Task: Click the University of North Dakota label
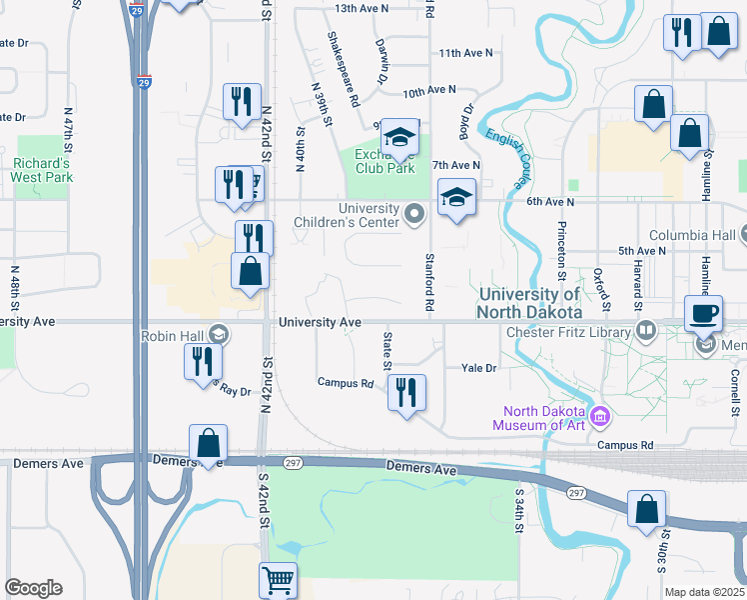tap(529, 302)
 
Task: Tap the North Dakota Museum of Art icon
tap(601, 415)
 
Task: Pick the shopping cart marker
tap(278, 580)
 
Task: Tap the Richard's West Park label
tap(42, 170)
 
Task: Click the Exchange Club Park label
tap(385, 161)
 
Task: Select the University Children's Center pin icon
tap(412, 213)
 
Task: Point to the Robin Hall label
tap(173, 336)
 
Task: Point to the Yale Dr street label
tap(478, 368)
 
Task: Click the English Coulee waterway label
tap(508, 156)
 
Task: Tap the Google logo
tap(33, 588)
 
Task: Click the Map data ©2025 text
tap(703, 592)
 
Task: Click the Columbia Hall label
tap(694, 234)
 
